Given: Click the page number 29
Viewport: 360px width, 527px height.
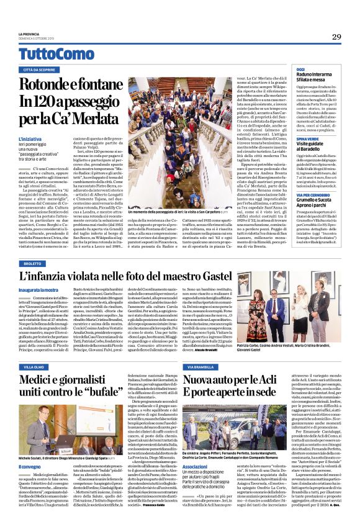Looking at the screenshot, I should point(336,37).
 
